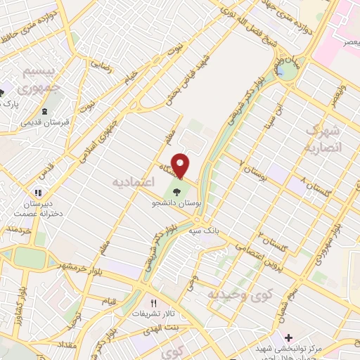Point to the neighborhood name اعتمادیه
(131, 182)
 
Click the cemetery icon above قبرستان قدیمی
(45, 112)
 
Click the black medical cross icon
(281, 337)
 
